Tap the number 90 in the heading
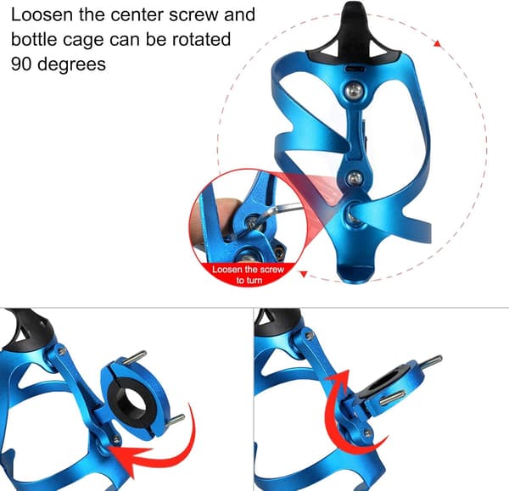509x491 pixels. (x=21, y=64)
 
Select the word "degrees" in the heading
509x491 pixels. (x=72, y=64)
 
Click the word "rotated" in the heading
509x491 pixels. (x=201, y=39)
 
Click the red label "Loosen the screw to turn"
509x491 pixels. (x=249, y=275)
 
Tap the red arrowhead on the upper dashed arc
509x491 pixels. (x=438, y=44)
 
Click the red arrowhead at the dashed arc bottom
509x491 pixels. (x=304, y=275)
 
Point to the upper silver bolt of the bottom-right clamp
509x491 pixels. (x=429, y=360)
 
